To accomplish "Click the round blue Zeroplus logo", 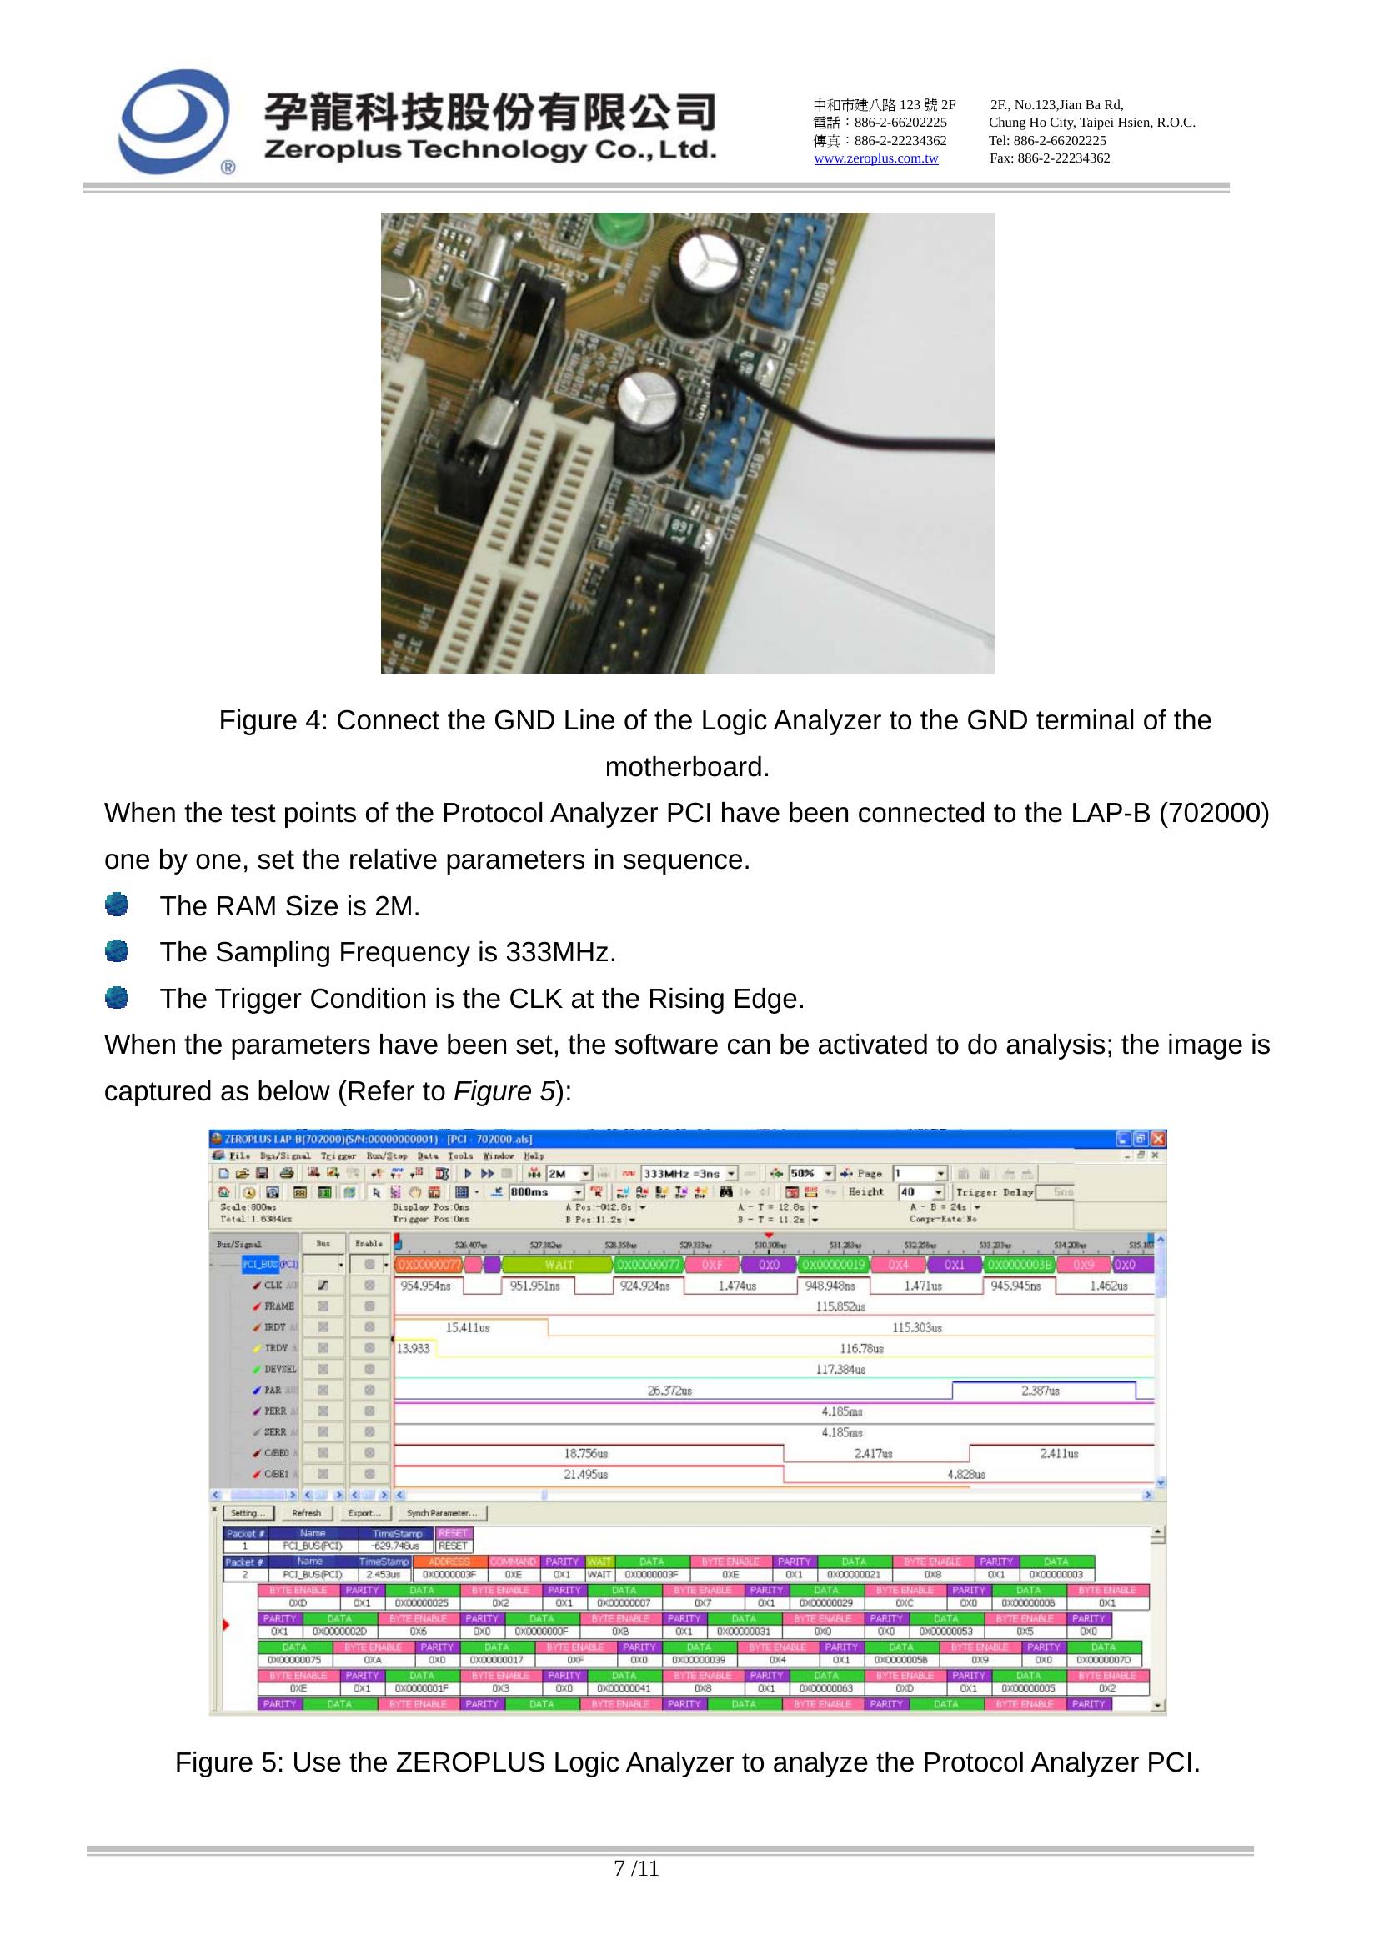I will point(174,122).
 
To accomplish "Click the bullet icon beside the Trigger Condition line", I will point(117,998).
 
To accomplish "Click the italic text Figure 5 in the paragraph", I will point(504,1091).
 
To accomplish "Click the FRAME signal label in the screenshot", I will point(278,1306).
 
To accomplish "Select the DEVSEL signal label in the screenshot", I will point(279,1369).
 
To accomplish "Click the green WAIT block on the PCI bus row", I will point(558,1265).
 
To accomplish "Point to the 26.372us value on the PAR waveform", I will point(670,1391).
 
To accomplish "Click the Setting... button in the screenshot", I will point(248,1513).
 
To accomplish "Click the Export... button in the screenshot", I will point(364,1513).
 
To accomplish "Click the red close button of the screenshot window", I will point(1158,1139).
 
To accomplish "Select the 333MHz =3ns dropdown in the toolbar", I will point(689,1174).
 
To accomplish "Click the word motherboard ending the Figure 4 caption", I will point(686,768).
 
